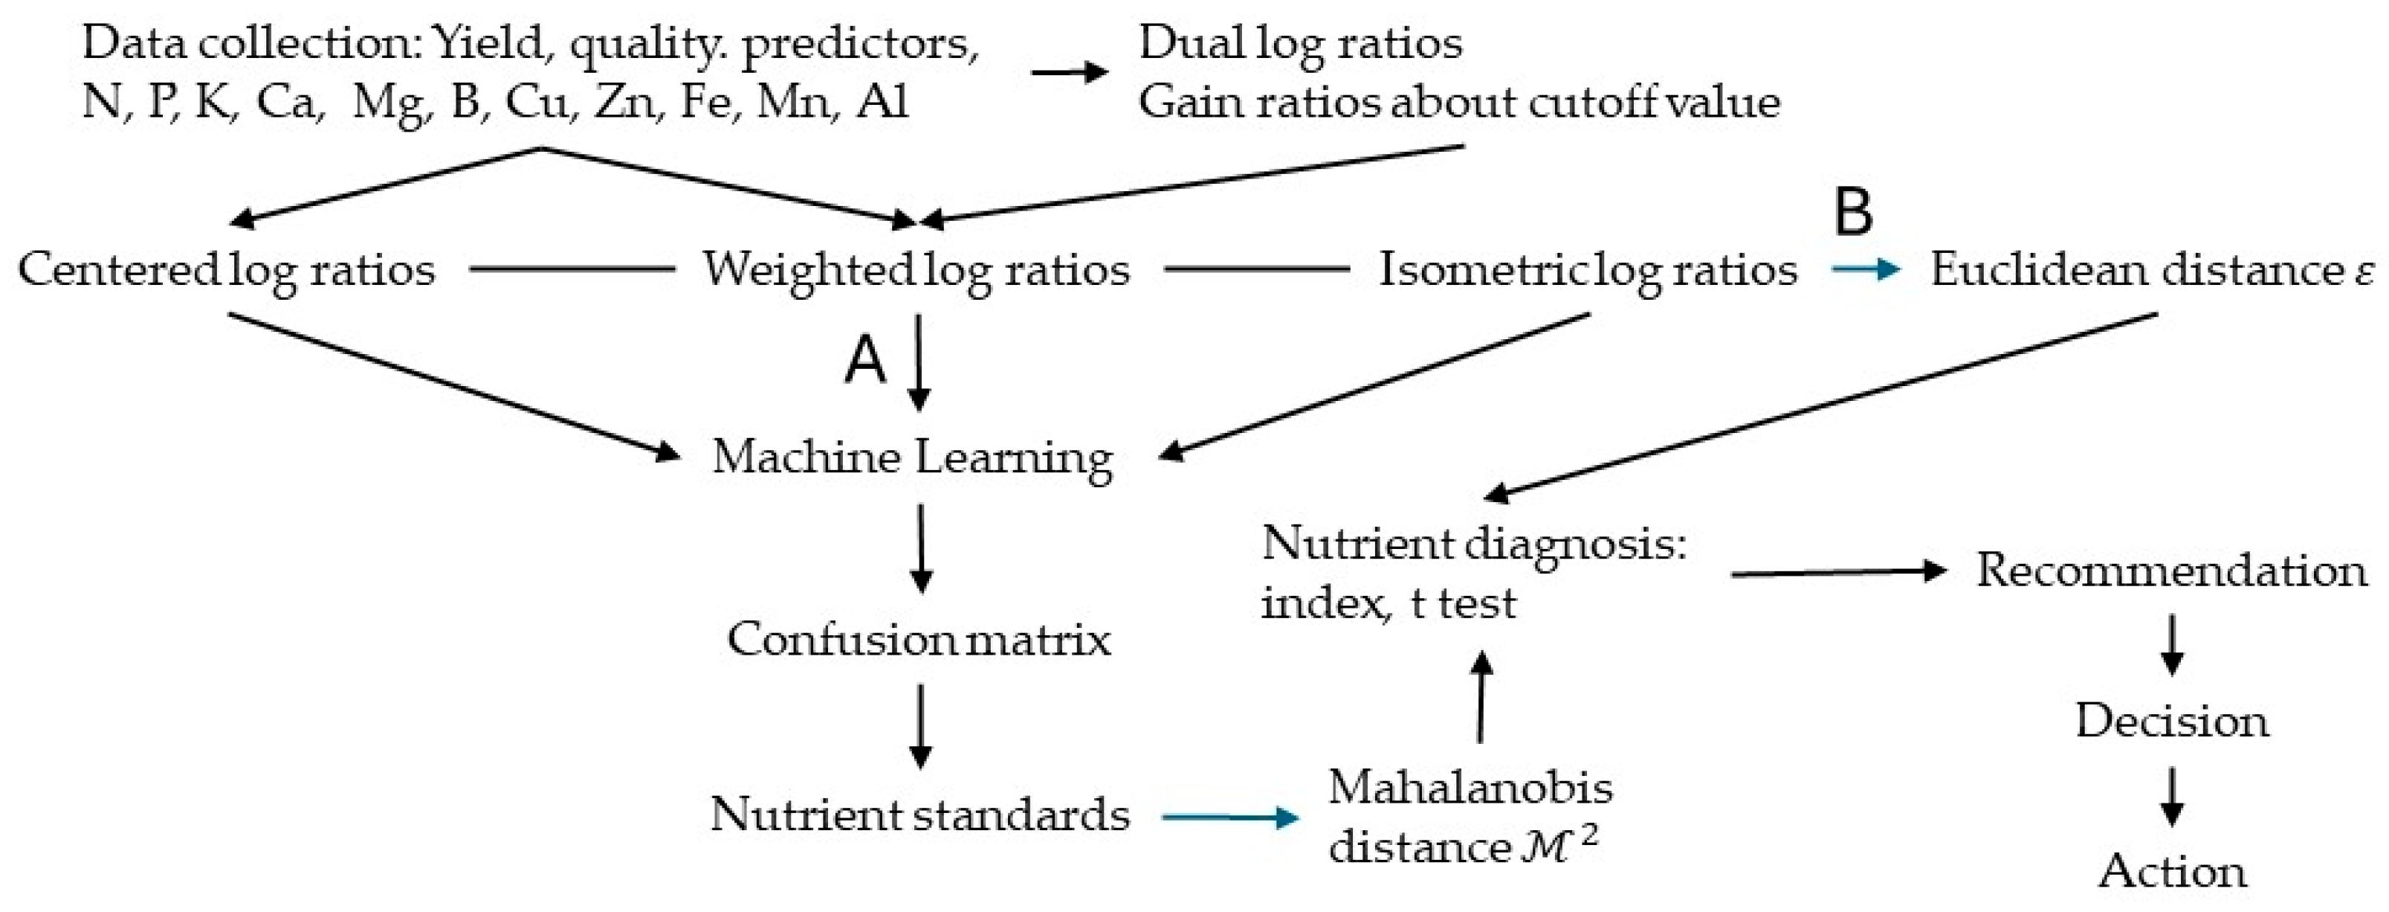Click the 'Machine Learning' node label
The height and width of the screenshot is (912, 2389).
[x=913, y=457]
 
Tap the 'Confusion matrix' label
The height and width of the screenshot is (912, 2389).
[x=918, y=639]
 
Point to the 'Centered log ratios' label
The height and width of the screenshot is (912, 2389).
[x=226, y=270]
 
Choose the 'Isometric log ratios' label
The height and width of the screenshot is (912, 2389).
[x=1588, y=270]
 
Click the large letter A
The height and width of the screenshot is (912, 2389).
[x=865, y=360]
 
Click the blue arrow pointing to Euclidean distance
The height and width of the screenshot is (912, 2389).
[x=1865, y=270]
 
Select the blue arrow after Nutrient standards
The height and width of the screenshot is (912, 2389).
[x=1229, y=818]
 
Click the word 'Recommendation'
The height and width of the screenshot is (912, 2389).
[x=2171, y=571]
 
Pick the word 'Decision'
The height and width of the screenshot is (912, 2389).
[x=2172, y=721]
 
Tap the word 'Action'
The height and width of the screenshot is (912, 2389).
[x=2172, y=871]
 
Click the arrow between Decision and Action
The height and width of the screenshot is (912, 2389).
[x=2172, y=796]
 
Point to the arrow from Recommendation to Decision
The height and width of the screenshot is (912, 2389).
[x=2172, y=645]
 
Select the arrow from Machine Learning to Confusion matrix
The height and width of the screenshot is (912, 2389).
[x=920, y=548]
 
